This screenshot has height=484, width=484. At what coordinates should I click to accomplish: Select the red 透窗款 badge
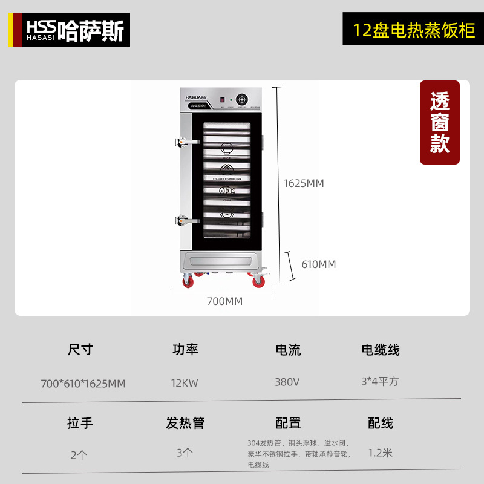tap(440, 122)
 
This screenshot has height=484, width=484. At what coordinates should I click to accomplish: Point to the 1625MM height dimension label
tap(304, 183)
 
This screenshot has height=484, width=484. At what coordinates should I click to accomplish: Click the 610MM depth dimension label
tap(318, 264)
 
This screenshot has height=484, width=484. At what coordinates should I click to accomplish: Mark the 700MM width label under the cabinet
tap(224, 301)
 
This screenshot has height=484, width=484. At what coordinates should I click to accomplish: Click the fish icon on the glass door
tap(227, 191)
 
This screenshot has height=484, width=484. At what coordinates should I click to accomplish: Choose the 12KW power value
tap(185, 382)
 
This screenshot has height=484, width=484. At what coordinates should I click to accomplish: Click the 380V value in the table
tap(288, 382)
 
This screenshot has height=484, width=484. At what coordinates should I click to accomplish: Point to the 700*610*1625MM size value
tap(83, 384)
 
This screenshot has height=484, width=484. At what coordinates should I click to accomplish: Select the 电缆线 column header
tap(381, 350)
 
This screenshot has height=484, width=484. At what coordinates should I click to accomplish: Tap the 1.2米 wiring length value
tap(381, 452)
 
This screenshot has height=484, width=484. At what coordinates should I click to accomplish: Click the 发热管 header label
tap(185, 423)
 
